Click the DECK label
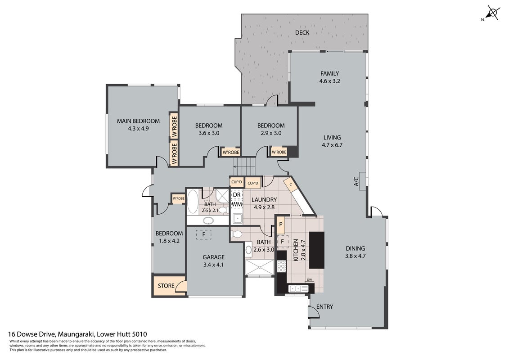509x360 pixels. click(x=302, y=32)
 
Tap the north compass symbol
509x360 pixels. click(x=492, y=13)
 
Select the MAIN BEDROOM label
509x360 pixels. click(x=138, y=121)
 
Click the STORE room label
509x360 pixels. click(x=166, y=286)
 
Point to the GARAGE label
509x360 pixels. click(x=214, y=257)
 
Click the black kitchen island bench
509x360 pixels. click(x=316, y=250)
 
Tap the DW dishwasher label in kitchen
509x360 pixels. click(x=309, y=280)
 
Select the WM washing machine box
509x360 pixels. click(x=237, y=204)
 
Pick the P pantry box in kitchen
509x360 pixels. click(x=281, y=225)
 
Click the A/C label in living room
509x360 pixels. click(x=356, y=181)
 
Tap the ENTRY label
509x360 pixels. click(x=324, y=307)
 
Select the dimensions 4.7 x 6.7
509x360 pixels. click(x=332, y=145)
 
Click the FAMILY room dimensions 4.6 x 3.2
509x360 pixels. click(x=329, y=81)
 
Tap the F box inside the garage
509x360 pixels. click(x=203, y=234)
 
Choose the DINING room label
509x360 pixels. click(x=355, y=248)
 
